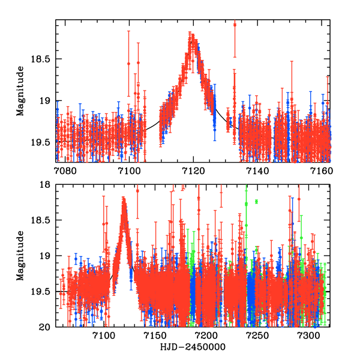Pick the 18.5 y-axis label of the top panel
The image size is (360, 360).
point(43,59)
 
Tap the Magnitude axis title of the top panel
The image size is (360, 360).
point(20,91)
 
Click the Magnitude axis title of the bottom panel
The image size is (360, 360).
point(20,256)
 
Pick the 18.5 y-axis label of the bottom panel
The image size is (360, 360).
point(43,220)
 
